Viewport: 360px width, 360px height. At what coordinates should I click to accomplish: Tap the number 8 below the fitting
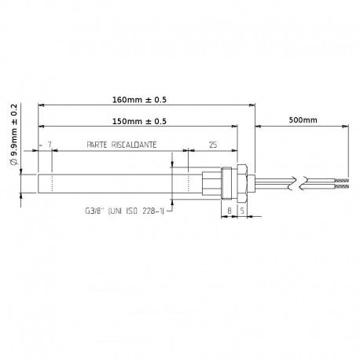click(229, 211)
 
